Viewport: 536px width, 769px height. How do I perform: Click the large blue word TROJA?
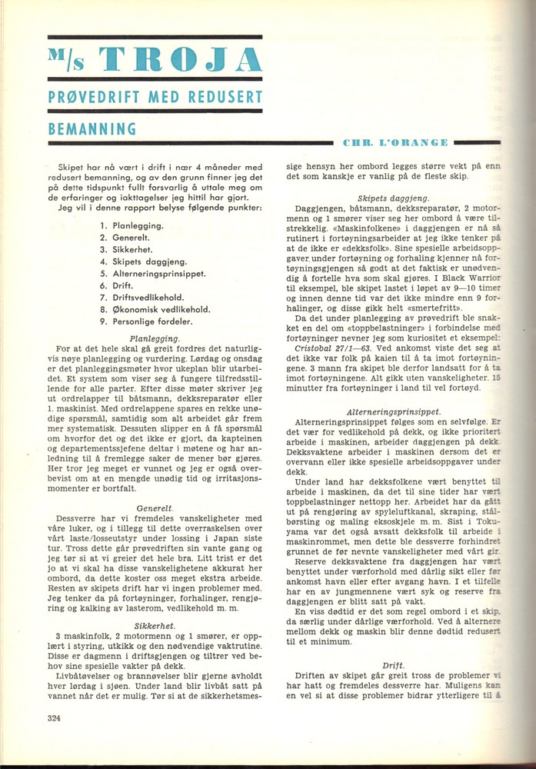point(183,62)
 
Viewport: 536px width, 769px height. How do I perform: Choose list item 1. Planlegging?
point(132,225)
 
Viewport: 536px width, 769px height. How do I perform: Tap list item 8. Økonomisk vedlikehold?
point(149,309)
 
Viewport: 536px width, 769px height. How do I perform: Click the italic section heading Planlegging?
point(155,338)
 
